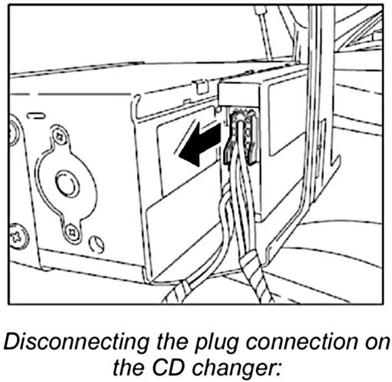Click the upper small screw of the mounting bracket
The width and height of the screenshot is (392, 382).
coord(58,135)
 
